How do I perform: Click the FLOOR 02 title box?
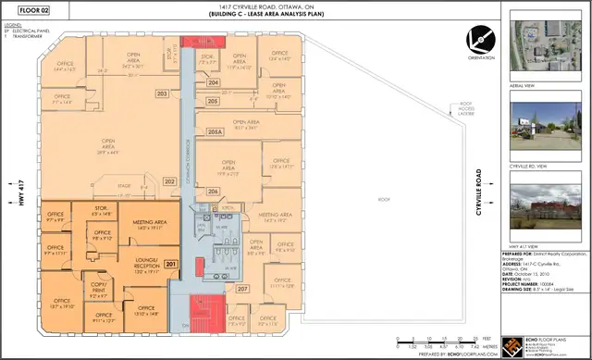pyautogui.click(x=29, y=11)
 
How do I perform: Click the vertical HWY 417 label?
pyautogui.click(x=19, y=195)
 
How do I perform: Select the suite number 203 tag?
pyautogui.click(x=162, y=93)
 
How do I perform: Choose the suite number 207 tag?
pyautogui.click(x=242, y=289)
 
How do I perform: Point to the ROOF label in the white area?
pyautogui.click(x=384, y=200)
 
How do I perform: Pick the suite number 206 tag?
pyautogui.click(x=213, y=191)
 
